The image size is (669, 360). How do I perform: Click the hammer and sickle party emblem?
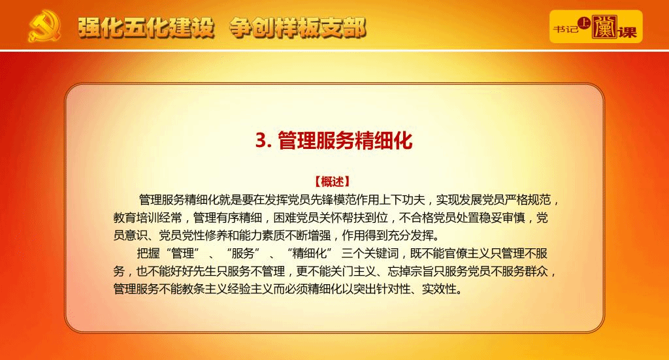pos(44,26)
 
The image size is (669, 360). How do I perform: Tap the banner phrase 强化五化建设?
pos(146,28)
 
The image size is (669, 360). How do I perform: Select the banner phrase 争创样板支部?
pos(298,28)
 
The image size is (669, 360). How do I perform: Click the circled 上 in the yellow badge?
pos(583,24)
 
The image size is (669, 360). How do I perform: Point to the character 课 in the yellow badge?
pos(627,31)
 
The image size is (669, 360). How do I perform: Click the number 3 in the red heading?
pos(261,140)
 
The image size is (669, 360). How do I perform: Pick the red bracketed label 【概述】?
pos(332,182)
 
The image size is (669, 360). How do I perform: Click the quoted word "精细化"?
pos(309,254)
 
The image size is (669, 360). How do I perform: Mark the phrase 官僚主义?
pos(467,254)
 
